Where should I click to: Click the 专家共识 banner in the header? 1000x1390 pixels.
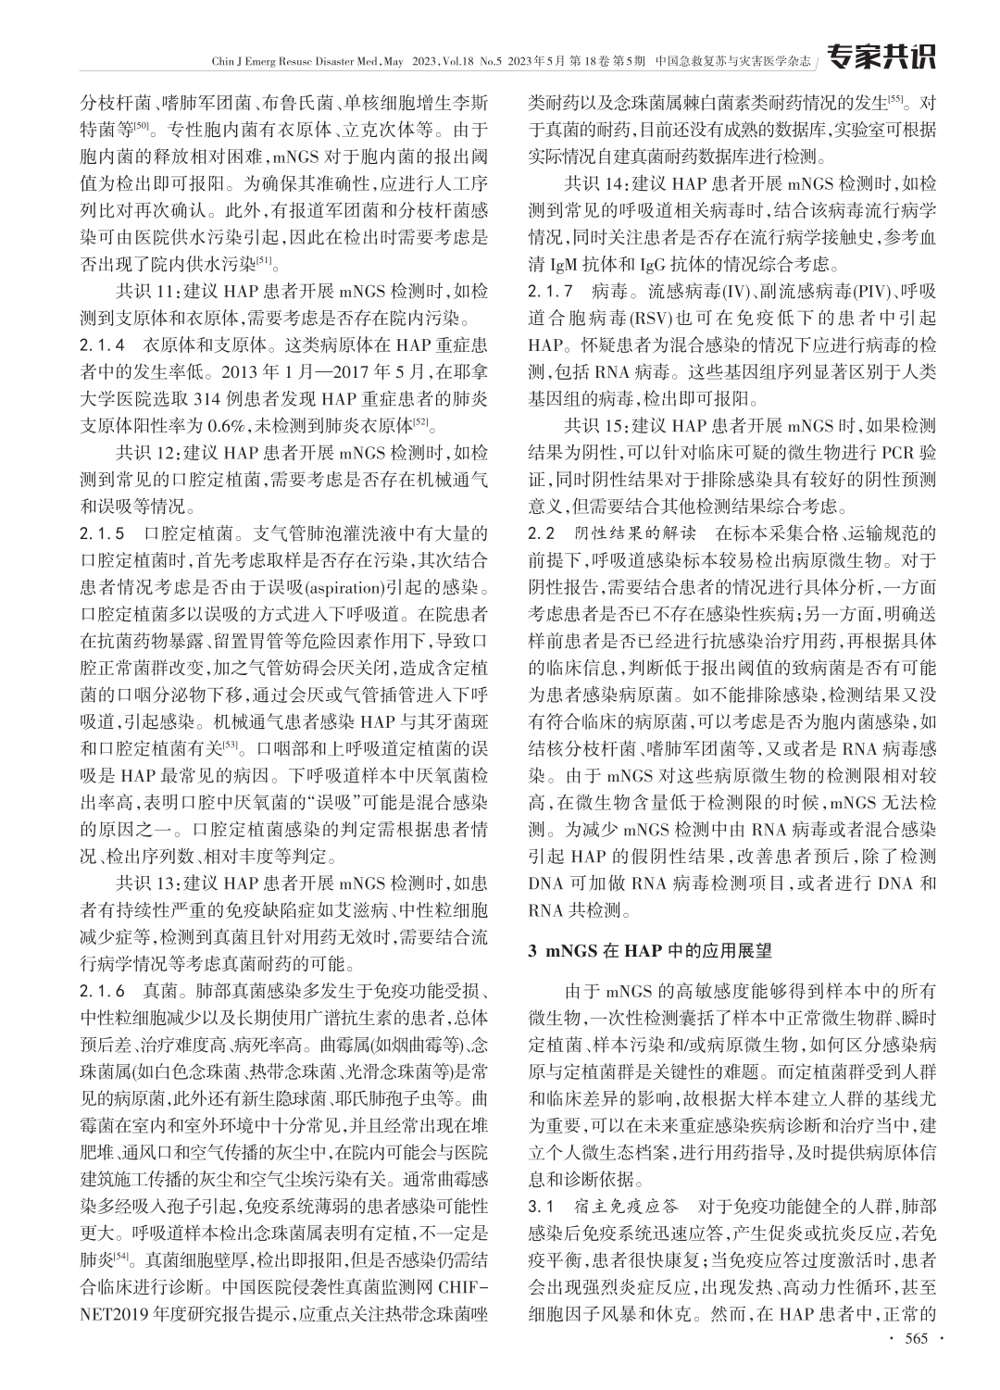tap(880, 56)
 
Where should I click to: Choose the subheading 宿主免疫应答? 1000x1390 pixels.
tap(627, 1206)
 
